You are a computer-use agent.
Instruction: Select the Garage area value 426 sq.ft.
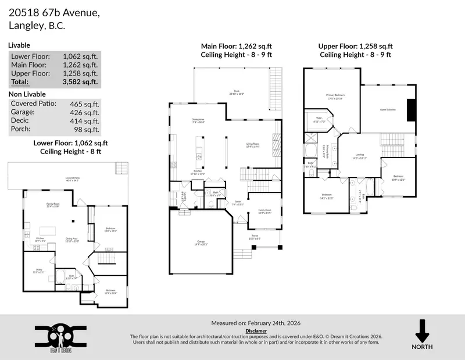85,112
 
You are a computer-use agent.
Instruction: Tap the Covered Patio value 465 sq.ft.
85,104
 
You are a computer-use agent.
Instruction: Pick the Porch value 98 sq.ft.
87,129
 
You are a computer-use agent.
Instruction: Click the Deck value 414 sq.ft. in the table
85,121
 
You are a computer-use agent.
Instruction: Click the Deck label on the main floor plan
237,91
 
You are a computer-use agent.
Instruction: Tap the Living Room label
252,145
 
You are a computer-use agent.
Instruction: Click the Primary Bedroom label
336,96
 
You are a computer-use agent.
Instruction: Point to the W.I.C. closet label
319,120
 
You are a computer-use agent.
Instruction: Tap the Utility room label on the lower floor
38,269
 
